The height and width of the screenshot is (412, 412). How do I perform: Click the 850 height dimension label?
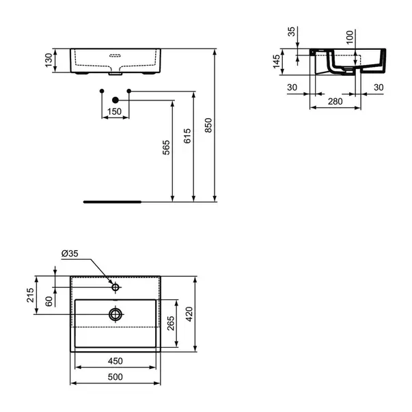pyautogui.click(x=208, y=125)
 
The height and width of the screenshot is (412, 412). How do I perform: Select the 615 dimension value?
pyautogui.click(x=187, y=136)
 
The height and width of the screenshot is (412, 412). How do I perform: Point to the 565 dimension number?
pyautogui.click(x=166, y=148)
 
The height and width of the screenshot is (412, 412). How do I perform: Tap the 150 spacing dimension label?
pyautogui.click(x=115, y=111)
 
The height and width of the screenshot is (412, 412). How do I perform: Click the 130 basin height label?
pyautogui.click(x=49, y=60)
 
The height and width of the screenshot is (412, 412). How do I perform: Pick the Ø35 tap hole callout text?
pyautogui.click(x=70, y=253)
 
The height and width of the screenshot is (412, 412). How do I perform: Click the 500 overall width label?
pyautogui.click(x=115, y=377)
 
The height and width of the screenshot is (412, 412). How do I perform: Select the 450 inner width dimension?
pyautogui.click(x=115, y=361)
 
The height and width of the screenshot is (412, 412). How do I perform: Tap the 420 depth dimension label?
pyautogui.click(x=189, y=314)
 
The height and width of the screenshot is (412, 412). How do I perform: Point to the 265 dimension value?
pyautogui.click(x=171, y=323)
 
